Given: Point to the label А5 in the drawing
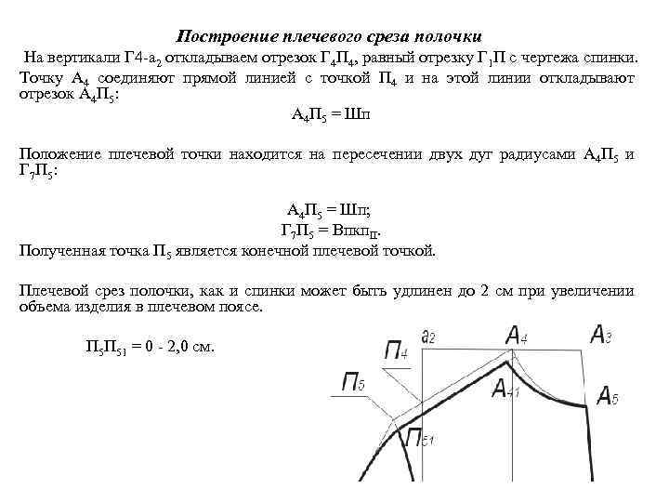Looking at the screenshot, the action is pyautogui.click(x=607, y=398).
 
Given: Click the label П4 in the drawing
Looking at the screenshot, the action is pyautogui.click(x=396, y=350).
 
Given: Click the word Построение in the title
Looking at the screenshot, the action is pyautogui.click(x=219, y=34).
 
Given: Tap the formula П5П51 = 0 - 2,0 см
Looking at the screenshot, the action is pyautogui.click(x=150, y=348).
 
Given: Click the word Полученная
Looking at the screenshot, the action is pyautogui.click(x=62, y=251).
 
